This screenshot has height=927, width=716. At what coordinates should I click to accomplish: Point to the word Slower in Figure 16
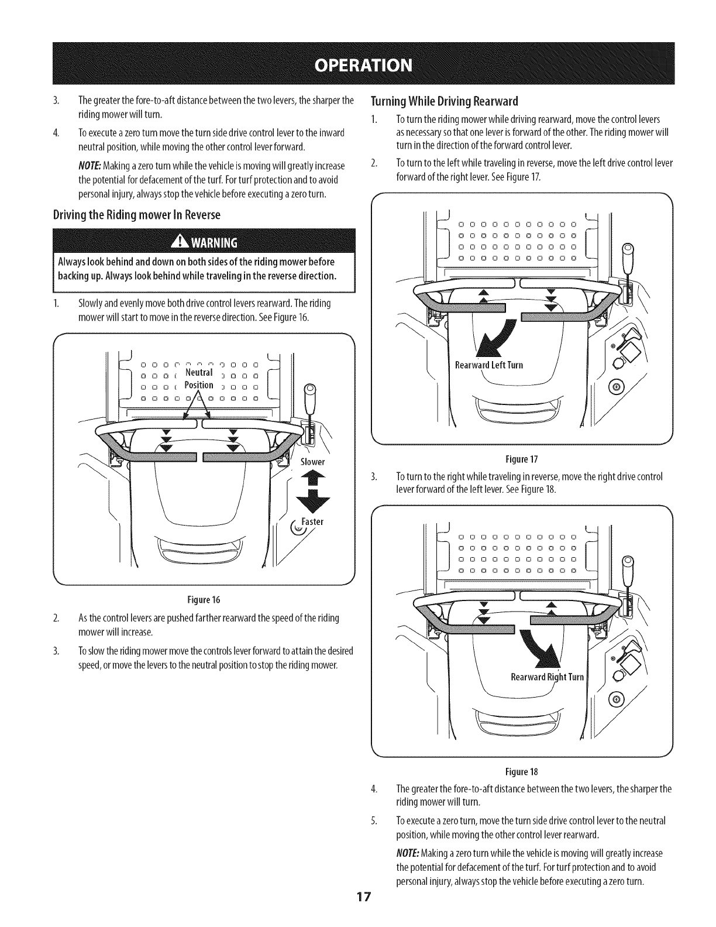[x=312, y=462]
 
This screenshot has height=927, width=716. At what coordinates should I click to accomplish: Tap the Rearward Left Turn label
[x=489, y=365]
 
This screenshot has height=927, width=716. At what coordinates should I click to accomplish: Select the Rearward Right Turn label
[x=548, y=677]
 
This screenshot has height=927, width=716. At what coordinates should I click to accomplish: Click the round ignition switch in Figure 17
[x=614, y=385]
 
